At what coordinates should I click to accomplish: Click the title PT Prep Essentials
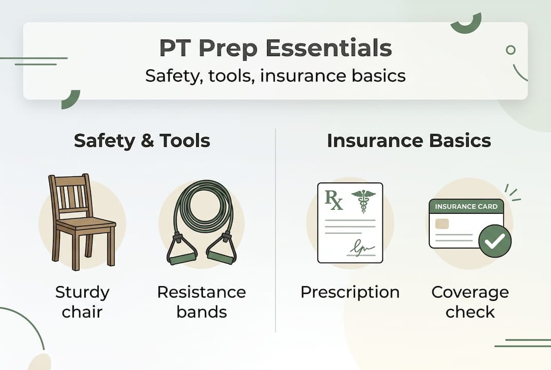tap(275, 49)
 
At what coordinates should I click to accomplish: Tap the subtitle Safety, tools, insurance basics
tap(275, 76)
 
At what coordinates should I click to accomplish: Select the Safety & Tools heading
tap(142, 141)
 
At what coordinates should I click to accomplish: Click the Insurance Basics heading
tap(409, 141)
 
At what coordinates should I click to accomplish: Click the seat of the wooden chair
tap(85, 224)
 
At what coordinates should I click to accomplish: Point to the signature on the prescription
tap(362, 248)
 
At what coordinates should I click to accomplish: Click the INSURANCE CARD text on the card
tap(466, 207)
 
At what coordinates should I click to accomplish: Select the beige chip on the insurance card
tap(442, 224)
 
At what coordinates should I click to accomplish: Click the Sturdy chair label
tap(82, 302)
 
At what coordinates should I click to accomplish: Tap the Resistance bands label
tap(201, 302)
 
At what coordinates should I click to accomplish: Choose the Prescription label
tap(350, 292)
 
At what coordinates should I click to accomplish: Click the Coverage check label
tap(470, 302)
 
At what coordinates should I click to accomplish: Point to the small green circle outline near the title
tap(510, 50)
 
